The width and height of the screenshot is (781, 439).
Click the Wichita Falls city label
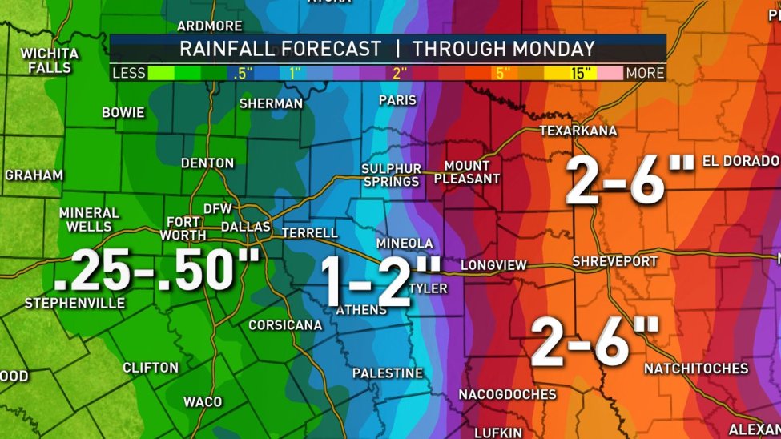[x=50, y=60]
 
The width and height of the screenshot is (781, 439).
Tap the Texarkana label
[x=578, y=130]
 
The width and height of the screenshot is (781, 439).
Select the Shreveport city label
[x=614, y=262]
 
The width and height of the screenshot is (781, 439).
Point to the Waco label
[x=203, y=401]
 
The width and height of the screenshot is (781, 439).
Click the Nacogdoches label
[x=507, y=394]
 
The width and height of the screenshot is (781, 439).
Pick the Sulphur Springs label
[x=391, y=175]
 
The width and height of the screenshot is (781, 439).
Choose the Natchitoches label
[x=696, y=369]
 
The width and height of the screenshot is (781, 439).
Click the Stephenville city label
[x=74, y=304]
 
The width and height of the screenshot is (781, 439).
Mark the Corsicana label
[x=285, y=325]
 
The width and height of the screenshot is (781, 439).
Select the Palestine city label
[x=388, y=373]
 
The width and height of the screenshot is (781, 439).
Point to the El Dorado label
[x=741, y=161]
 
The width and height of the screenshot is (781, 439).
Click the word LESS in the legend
[x=129, y=73]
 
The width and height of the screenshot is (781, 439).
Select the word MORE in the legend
[x=645, y=73]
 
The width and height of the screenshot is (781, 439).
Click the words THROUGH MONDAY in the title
[x=503, y=48]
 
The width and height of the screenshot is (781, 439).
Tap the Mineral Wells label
[x=89, y=219]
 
